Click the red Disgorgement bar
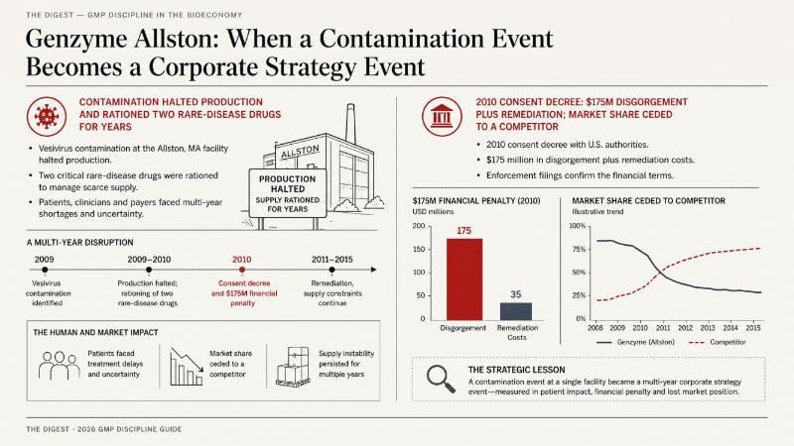click(464, 279)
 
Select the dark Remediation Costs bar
click(516, 311)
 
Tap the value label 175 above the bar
click(463, 231)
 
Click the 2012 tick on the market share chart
click(685, 328)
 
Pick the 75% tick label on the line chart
click(578, 250)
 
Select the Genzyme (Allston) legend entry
click(636, 342)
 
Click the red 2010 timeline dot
click(242, 270)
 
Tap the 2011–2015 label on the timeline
click(332, 260)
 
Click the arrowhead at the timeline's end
click(374, 270)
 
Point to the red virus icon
click(47, 117)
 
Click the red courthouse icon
click(442, 117)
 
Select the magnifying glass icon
click(441, 379)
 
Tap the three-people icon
click(60, 366)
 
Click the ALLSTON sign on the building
click(300, 152)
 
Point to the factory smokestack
click(350, 123)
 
